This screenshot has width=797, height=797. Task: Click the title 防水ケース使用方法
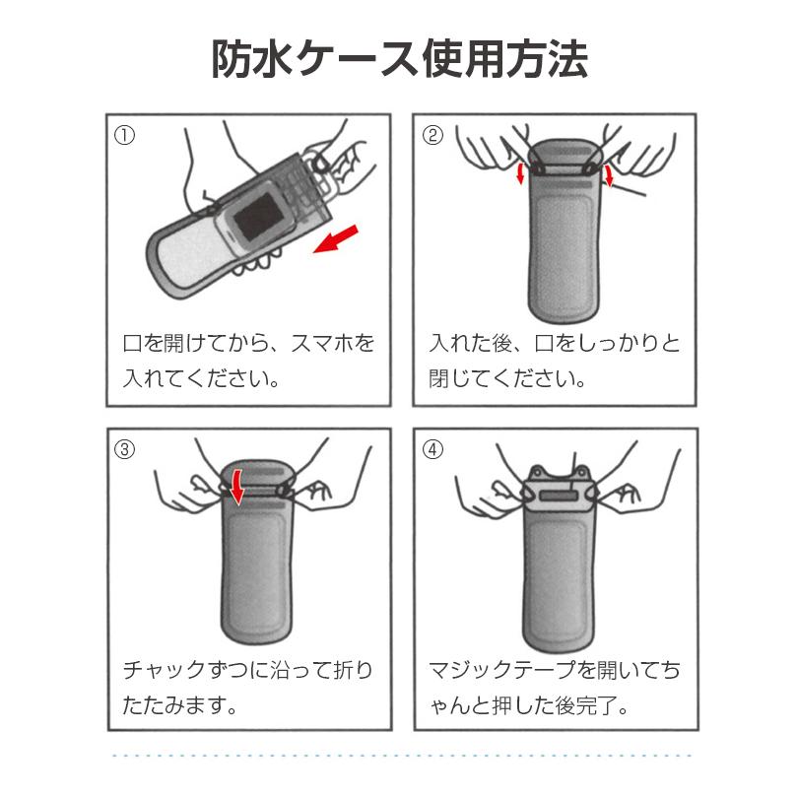click(x=400, y=59)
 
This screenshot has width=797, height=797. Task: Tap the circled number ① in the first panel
click(x=124, y=135)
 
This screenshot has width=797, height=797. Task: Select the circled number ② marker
click(x=432, y=135)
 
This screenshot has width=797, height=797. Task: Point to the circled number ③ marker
click(x=124, y=449)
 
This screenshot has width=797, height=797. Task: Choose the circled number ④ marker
click(x=432, y=449)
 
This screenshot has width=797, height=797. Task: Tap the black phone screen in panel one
click(x=258, y=216)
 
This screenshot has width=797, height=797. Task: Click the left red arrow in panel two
click(x=520, y=172)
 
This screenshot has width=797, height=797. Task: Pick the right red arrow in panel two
click(x=609, y=174)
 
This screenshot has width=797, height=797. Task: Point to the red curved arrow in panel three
click(x=236, y=487)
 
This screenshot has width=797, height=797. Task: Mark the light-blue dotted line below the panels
click(x=402, y=756)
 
